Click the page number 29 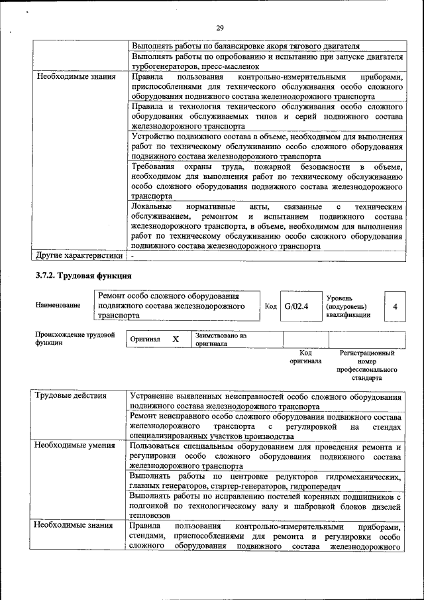click(219, 28)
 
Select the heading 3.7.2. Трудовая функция click(83, 275)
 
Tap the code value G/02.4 click(297, 306)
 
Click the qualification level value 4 click(395, 306)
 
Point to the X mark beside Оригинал click(176, 339)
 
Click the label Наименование click(58, 305)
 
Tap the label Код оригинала click(305, 357)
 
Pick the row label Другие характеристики click(79, 255)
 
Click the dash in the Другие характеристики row click(132, 255)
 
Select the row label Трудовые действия click(71, 396)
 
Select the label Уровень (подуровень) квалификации click(348, 306)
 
